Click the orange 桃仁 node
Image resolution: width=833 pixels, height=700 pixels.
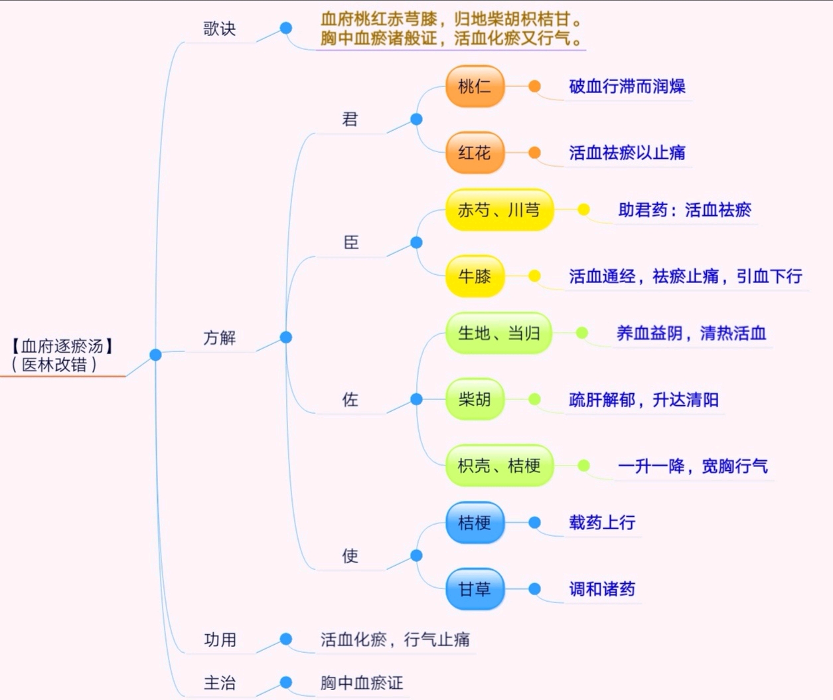[x=475, y=86]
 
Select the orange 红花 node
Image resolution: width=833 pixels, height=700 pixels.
[x=475, y=153]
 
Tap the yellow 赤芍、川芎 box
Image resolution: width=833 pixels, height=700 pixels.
[x=498, y=210]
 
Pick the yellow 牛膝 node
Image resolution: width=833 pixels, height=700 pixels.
[x=475, y=276]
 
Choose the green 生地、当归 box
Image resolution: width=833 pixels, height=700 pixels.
[x=498, y=333]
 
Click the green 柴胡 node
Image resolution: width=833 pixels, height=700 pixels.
[x=475, y=399]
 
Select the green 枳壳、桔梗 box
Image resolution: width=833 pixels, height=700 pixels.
[x=498, y=466]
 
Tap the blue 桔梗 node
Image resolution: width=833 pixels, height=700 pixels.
[x=475, y=523]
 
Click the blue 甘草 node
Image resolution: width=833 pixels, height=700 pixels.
[x=475, y=589]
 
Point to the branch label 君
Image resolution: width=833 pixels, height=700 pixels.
[x=350, y=120]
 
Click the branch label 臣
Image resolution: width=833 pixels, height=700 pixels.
[x=350, y=243]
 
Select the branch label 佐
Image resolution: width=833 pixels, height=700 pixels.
[x=350, y=400]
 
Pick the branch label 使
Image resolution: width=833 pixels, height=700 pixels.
[x=350, y=556]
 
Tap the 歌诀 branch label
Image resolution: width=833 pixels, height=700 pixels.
[x=219, y=29]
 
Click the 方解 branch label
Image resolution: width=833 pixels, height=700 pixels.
[x=219, y=338]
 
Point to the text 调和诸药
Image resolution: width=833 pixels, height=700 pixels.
[x=601, y=589]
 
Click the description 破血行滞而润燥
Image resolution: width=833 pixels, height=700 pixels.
[x=627, y=86]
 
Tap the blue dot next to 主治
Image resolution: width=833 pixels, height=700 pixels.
[x=286, y=682]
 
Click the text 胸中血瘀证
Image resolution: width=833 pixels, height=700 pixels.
[x=362, y=683]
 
